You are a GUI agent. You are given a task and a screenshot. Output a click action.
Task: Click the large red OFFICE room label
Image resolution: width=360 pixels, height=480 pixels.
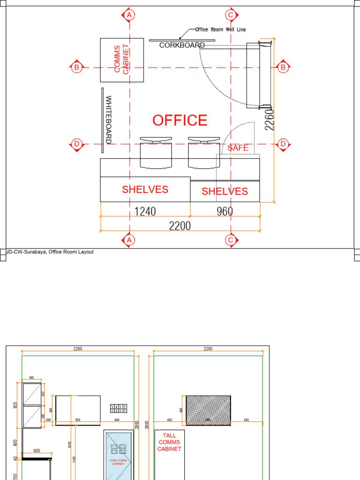click(x=180, y=120)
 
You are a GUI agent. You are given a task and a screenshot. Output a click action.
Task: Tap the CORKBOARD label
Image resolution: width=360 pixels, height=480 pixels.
click(x=182, y=45)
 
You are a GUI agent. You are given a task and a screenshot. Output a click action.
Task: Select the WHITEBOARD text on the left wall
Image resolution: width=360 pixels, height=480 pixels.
click(x=108, y=120)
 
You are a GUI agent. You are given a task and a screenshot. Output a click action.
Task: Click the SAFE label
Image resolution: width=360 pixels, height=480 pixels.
click(x=238, y=148)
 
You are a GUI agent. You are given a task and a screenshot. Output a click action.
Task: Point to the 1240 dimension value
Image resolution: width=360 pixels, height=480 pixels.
click(x=145, y=211)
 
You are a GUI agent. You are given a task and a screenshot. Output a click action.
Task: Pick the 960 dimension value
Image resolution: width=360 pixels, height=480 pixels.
click(x=225, y=211)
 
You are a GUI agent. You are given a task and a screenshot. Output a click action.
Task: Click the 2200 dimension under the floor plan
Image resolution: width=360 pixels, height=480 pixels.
click(x=180, y=226)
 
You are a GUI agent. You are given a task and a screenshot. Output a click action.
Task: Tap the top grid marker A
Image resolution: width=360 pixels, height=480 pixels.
click(x=129, y=15)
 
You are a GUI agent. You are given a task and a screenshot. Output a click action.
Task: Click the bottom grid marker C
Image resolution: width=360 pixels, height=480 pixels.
click(x=230, y=240)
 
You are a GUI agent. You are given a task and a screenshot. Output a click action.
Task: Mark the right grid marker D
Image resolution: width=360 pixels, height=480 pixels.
click(x=283, y=144)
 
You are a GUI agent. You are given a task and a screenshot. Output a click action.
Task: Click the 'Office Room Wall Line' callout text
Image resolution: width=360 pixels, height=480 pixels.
click(x=220, y=30)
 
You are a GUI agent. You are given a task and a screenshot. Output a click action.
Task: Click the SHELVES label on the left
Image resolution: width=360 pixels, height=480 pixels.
click(x=145, y=189)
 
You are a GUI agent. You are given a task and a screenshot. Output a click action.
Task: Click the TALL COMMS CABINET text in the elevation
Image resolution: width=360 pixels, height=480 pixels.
click(x=169, y=442)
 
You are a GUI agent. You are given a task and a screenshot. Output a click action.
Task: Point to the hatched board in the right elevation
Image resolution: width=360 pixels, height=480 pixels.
click(x=208, y=410)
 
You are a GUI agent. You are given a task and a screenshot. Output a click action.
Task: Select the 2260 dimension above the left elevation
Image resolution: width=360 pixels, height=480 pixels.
click(x=78, y=349)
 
